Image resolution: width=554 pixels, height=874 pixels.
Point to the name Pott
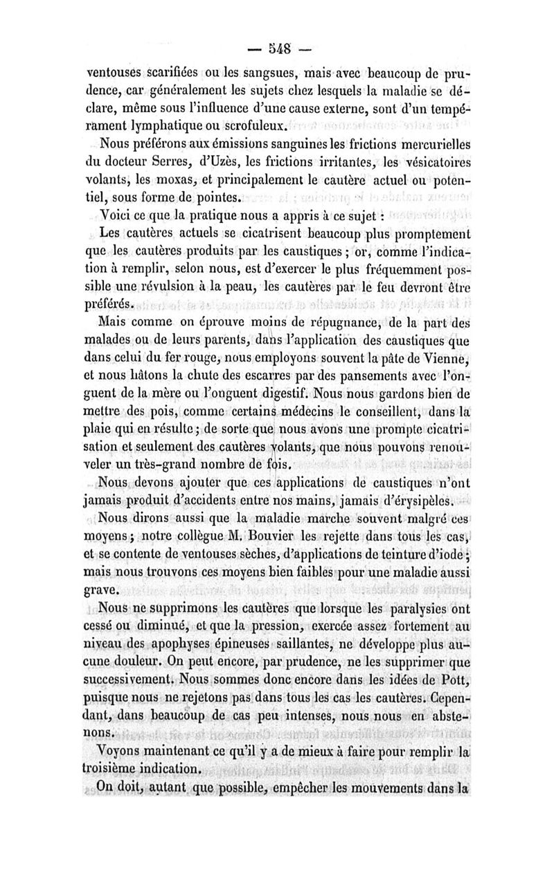coord(455,681)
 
